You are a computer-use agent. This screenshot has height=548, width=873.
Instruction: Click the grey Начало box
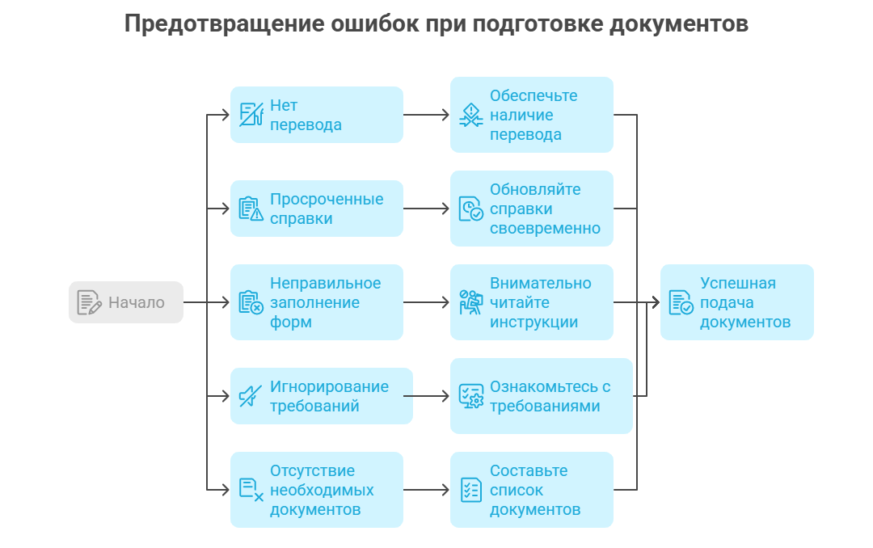pos(126,301)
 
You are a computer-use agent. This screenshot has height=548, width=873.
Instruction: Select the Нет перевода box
pos(316,115)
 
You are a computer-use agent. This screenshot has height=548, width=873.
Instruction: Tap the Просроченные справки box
pos(316,209)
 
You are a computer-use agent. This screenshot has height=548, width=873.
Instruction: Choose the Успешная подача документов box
pos(736,301)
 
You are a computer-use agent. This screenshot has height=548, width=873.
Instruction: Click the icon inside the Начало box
pos(89,302)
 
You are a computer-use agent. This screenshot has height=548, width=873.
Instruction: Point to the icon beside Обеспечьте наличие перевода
pos(471,115)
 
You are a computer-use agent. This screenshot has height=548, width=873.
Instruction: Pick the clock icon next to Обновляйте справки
pos(471,209)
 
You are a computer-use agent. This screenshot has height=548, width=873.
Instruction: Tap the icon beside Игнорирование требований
pos(251,396)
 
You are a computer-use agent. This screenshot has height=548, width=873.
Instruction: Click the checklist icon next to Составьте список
pos(471,490)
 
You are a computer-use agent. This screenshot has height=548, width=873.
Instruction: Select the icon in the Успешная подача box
pos(681,302)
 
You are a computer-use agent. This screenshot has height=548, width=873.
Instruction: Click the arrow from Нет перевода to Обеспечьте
pos(427,115)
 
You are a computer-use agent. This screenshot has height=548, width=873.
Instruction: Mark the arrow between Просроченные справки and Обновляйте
pos(427,209)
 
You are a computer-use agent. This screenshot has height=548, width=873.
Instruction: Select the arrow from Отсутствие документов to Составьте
pos(427,490)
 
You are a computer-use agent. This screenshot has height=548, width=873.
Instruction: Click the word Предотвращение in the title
pos(223,24)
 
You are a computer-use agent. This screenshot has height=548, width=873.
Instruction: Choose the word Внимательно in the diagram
pos(540,283)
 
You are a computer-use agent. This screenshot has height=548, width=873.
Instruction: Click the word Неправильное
pos(325,283)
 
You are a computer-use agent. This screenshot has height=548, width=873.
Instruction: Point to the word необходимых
pos(322,490)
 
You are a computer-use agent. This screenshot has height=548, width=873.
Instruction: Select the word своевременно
pos(545,228)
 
